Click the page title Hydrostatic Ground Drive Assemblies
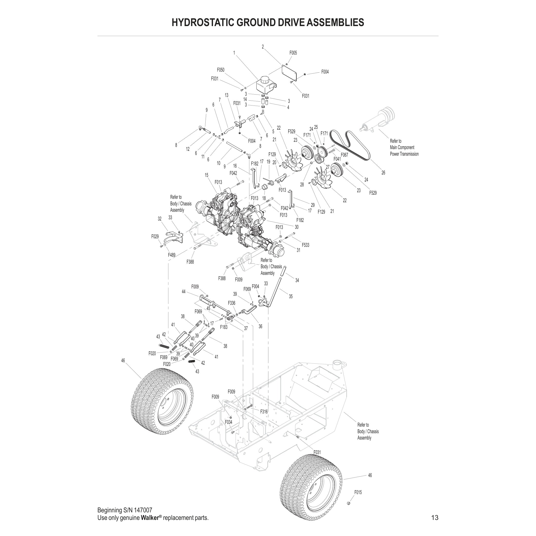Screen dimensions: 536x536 pyautogui.click(x=268, y=22)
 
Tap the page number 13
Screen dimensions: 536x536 pyautogui.click(x=435, y=517)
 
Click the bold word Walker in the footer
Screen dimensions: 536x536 pyautogui.click(x=150, y=518)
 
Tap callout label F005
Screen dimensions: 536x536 pyautogui.click(x=293, y=53)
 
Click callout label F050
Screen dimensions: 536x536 pyautogui.click(x=220, y=70)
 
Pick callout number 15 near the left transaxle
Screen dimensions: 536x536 pyautogui.click(x=206, y=175)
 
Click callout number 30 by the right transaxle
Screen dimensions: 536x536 pyautogui.click(x=297, y=227)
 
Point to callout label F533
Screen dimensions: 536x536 pyautogui.click(x=306, y=245)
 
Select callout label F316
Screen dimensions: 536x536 pyautogui.click(x=264, y=412)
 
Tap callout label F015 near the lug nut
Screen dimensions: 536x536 pyautogui.click(x=358, y=492)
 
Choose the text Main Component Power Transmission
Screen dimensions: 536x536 pyautogui.click(x=404, y=148)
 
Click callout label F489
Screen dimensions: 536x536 pyautogui.click(x=172, y=255)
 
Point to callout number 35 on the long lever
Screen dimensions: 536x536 pyautogui.click(x=290, y=296)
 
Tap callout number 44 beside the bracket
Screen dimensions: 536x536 pyautogui.click(x=183, y=292)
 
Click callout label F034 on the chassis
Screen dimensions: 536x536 pyautogui.click(x=228, y=422)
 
